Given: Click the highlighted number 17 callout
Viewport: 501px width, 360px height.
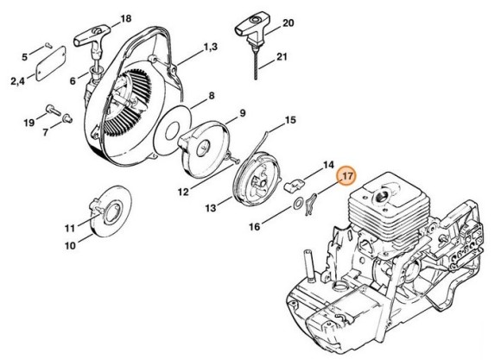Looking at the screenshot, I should pos(346,175).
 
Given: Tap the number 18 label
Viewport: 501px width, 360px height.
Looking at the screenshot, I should pos(126,18).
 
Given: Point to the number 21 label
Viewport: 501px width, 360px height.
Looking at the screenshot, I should pos(282,59).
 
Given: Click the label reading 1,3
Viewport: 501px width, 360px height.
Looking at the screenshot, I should pos(210,45).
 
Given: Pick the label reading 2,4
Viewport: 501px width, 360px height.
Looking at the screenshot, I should pos(17,81).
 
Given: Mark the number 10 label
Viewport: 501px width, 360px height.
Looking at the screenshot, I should pos(71,245).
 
